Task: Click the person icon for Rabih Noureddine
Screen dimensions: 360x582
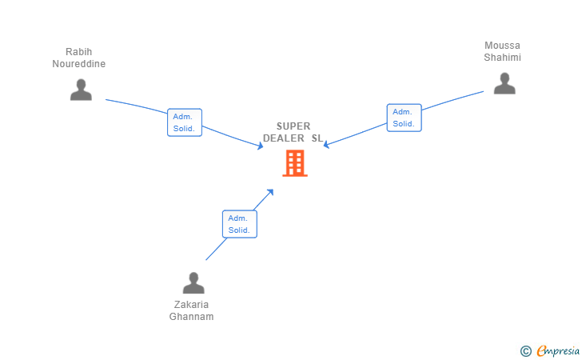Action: pos(81,90)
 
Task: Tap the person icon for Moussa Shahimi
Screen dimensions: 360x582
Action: pos(504,83)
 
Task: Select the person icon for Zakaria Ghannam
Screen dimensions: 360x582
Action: pos(193,283)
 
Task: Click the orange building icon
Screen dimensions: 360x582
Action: pos(295,162)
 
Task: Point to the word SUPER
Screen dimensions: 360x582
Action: pos(293,126)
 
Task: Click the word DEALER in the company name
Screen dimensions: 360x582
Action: pos(284,138)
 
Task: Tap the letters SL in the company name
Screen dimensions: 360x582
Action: pos(317,138)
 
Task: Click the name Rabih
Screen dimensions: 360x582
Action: pos(79,52)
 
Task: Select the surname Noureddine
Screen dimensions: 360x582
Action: pos(79,64)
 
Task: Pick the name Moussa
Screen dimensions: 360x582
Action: pos(502,46)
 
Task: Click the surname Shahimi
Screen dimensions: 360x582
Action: pos(502,58)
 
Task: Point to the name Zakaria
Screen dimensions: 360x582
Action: pos(192,304)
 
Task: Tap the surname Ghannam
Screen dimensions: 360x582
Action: pos(192,316)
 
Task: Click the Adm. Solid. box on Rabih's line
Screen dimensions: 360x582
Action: pos(185,122)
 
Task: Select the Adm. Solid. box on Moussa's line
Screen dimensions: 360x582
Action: pos(404,118)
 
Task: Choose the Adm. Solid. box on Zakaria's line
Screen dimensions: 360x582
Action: pos(239,224)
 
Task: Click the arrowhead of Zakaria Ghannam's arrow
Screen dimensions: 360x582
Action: pos(271,191)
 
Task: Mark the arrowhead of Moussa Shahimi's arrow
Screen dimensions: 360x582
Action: pos(326,145)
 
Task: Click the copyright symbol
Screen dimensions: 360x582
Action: pos(525,350)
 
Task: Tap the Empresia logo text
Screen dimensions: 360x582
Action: pos(558,350)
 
